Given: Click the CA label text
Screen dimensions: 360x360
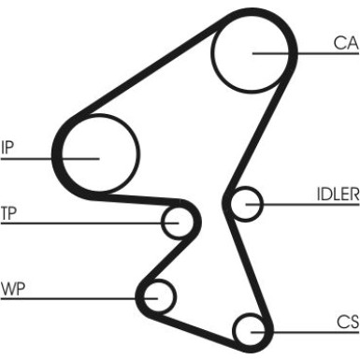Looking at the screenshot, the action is point(346,43).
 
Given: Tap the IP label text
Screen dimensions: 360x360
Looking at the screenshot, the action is point(7,147).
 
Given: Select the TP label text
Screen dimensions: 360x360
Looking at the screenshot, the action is point(8,213).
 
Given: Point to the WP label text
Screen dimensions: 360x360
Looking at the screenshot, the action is point(13,289).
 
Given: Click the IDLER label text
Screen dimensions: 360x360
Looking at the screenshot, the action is point(338,194).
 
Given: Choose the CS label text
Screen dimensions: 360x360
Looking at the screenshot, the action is point(348,322).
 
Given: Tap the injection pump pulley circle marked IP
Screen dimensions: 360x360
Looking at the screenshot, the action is point(136,153).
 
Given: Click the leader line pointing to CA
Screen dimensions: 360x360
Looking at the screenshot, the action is point(306,53).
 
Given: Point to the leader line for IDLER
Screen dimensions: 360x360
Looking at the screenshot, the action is point(302,205).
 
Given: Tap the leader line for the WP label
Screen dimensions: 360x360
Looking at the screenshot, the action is point(79,298).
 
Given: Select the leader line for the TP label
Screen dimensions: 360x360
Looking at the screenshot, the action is point(90,223).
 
